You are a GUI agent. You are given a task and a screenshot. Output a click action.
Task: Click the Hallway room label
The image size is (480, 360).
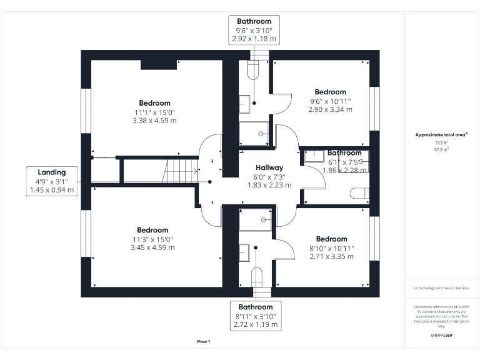point(269,167)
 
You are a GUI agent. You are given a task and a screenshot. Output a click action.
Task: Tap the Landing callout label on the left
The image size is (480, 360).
point(52,181)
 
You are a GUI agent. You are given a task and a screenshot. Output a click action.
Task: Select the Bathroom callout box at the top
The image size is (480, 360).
point(254,30)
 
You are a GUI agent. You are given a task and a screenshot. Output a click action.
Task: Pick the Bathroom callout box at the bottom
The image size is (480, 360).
point(255,316)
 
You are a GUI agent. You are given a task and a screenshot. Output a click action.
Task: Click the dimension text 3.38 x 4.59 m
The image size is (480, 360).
point(154,121)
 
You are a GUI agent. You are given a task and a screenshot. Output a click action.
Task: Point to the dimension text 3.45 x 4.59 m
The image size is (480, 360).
point(152,247)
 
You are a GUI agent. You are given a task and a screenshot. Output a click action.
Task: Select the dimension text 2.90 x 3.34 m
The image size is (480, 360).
point(330,109)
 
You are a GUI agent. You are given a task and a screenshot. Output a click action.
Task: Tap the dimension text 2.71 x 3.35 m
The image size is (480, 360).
point(331,256)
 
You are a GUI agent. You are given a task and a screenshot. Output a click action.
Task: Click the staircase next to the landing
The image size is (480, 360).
point(181,171)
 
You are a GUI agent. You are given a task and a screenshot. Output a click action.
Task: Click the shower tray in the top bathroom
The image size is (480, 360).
point(256,133)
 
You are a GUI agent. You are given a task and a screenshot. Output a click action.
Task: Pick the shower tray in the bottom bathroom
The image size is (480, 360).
point(256,220)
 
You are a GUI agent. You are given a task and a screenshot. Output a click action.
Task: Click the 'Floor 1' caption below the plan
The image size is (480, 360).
point(204,342)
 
